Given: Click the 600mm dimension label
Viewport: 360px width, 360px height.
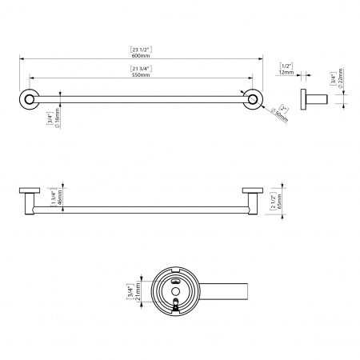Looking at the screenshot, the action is [141, 56].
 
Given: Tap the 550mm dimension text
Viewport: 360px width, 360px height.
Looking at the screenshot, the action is [141, 75].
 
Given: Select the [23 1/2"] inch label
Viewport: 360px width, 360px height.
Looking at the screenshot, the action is [141, 50].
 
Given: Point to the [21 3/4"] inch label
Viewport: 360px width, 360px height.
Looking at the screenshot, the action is [141, 69].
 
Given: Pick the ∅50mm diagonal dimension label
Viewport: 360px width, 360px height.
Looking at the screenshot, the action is [279, 117].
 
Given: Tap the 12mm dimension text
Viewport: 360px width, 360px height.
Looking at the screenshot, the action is [286, 72].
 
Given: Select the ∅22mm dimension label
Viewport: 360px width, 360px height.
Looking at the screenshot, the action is [340, 78].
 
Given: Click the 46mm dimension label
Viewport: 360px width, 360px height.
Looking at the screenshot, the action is [59, 197].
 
